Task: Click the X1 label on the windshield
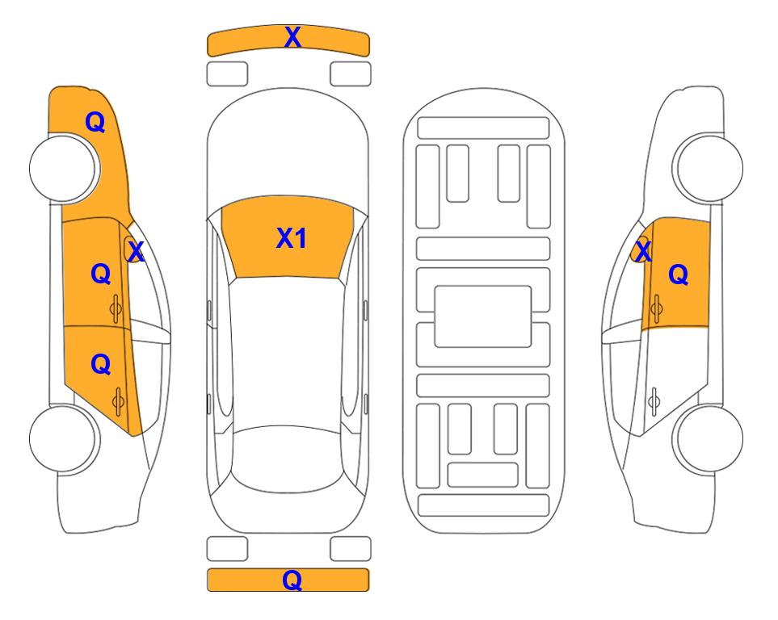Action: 292,239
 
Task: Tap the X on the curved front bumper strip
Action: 292,37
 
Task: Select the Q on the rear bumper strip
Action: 292,580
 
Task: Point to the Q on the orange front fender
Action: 95,122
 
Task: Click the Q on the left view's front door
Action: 101,274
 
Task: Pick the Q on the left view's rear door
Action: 101,365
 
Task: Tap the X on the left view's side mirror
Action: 135,252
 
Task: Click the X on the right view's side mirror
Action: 643,252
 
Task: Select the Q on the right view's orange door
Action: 679,274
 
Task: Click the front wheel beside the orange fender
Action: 63,168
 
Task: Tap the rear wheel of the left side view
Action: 63,438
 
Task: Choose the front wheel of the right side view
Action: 708,168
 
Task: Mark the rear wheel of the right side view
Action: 709,438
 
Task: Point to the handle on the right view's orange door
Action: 656,308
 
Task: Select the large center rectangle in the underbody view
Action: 483,316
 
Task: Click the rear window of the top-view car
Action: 288,459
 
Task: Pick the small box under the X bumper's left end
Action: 227,74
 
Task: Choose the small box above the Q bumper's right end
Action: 351,549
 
